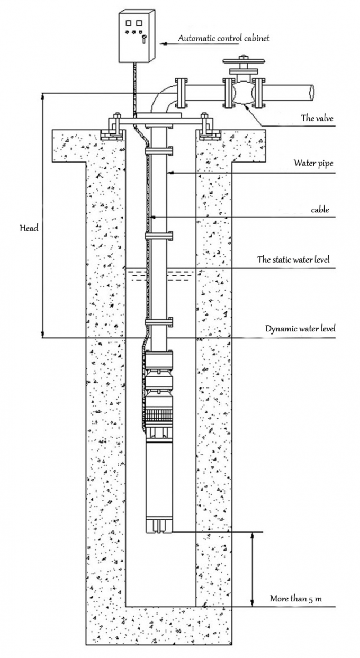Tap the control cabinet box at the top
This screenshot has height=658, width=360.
pyautogui.click(x=136, y=37)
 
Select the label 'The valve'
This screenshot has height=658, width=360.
pyautogui.click(x=317, y=118)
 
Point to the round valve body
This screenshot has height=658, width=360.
pyautogui.click(x=243, y=93)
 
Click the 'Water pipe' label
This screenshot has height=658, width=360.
pyautogui.click(x=313, y=163)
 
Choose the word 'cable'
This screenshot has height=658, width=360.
pyautogui.click(x=320, y=210)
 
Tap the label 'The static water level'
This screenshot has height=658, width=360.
pyautogui.click(x=293, y=259)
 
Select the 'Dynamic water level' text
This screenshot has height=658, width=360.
pyautogui.click(x=300, y=329)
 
